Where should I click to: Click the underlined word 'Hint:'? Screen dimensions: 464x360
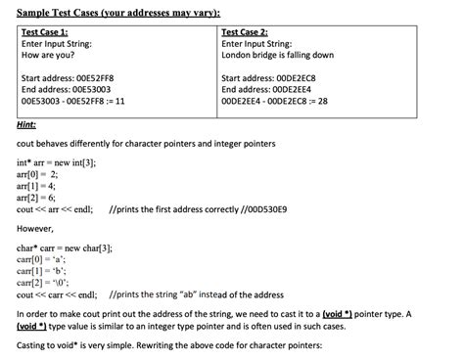[x=27, y=124]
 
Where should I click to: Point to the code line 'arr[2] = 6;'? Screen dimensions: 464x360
[x=38, y=197]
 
